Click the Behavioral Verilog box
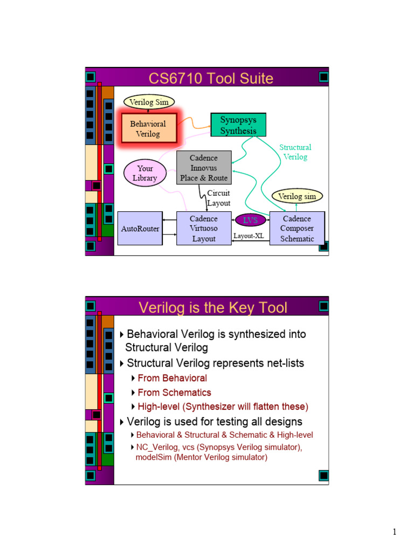click(149, 128)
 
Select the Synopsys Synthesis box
click(238, 125)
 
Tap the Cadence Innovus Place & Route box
click(204, 168)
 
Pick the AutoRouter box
click(140, 229)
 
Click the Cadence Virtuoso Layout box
click(204, 229)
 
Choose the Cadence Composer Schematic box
click(297, 229)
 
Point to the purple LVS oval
click(250, 220)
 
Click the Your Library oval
click(144, 173)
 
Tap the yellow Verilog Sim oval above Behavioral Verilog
click(149, 101)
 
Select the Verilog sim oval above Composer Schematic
click(297, 196)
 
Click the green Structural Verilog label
click(295, 152)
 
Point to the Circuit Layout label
click(219, 198)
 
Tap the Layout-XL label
click(249, 236)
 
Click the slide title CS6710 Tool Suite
click(211, 79)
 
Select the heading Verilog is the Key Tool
click(213, 307)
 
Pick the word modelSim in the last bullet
click(153, 457)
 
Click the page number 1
click(395, 533)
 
